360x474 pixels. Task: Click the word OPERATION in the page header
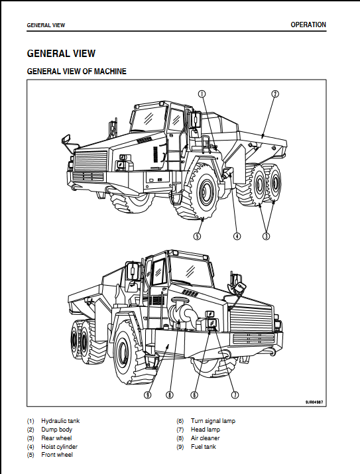pyautogui.click(x=308, y=25)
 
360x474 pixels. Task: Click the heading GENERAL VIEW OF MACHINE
pyautogui.click(x=77, y=72)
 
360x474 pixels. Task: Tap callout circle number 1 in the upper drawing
pyautogui.click(x=202, y=93)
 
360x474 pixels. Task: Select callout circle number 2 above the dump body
pyautogui.click(x=274, y=93)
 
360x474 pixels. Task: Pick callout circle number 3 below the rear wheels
pyautogui.click(x=266, y=236)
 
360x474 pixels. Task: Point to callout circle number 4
pyautogui.click(x=237, y=236)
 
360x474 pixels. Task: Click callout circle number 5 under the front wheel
pyautogui.click(x=197, y=236)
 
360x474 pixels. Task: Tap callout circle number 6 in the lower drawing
pyautogui.click(x=194, y=395)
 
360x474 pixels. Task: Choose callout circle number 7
pyautogui.click(x=235, y=395)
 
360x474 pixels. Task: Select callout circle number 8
pyautogui.click(x=170, y=395)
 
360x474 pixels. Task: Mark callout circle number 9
pyautogui.click(x=147, y=395)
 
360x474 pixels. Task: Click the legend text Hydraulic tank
pyautogui.click(x=60, y=421)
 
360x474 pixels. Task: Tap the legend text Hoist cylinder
pyautogui.click(x=59, y=447)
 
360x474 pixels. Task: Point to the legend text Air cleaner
pyautogui.click(x=206, y=438)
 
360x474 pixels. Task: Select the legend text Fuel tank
pyautogui.click(x=204, y=447)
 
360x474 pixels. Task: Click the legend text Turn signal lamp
pyautogui.click(x=213, y=421)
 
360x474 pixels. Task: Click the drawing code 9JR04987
pyautogui.click(x=314, y=402)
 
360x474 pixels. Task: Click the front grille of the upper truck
pyautogui.click(x=91, y=162)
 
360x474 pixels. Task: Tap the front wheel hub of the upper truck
pyautogui.click(x=206, y=193)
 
